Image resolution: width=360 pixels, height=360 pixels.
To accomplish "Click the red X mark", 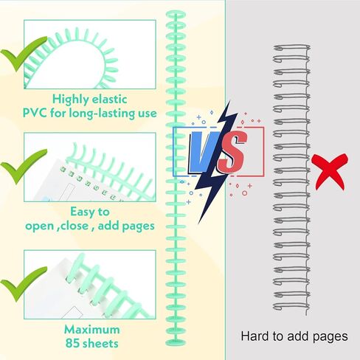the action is [330, 171].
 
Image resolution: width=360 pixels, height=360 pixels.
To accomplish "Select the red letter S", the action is [232, 152].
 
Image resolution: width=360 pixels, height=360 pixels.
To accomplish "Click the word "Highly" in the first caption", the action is [71, 100].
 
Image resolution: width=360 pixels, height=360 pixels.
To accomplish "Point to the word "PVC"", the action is [35, 113].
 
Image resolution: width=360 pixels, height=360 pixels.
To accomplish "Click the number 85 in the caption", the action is [73, 343].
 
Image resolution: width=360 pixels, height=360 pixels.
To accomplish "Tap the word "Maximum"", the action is [92, 330].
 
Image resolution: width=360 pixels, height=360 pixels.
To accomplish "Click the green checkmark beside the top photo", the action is [24, 54].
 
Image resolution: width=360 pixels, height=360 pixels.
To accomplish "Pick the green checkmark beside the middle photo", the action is [24, 166].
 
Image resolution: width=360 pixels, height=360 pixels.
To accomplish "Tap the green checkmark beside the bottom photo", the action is [24, 284].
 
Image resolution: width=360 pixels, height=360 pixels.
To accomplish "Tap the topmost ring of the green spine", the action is [176, 13].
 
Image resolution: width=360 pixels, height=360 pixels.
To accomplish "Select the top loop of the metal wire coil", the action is [291, 47].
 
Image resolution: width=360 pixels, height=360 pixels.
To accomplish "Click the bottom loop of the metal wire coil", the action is [291, 306].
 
